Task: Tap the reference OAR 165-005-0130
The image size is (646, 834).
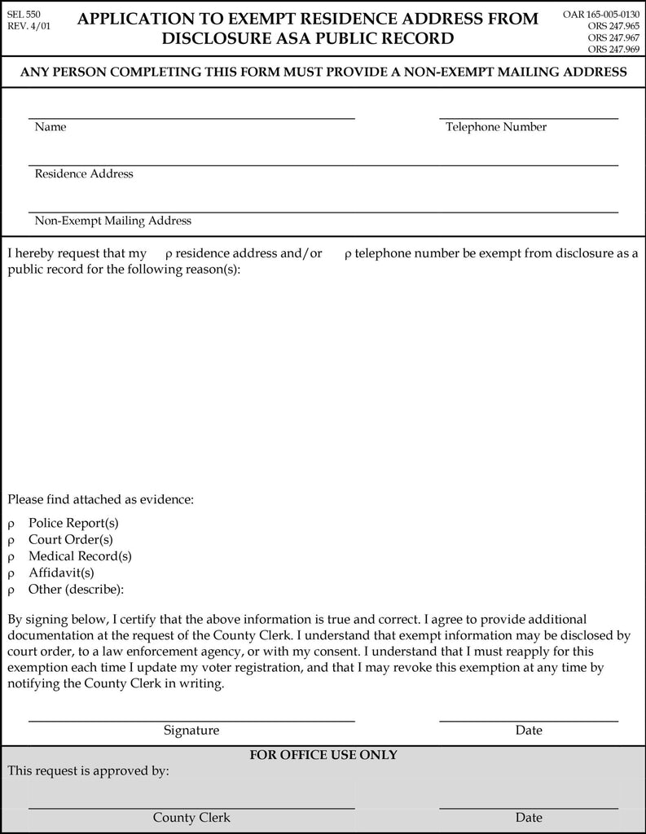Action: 601,14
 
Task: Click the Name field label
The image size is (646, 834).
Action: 51,127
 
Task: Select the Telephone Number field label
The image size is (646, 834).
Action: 496,127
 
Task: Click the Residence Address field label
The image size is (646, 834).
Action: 84,173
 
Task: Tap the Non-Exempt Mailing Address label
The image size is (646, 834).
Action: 113,221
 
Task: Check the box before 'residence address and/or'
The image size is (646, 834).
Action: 168,255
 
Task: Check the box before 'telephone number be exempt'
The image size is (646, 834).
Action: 348,255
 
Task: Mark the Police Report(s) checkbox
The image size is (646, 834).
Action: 11,524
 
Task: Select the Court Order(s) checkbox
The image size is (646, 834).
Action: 11,540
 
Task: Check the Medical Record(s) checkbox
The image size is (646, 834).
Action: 11,557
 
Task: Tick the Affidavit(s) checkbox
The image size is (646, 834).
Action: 11,573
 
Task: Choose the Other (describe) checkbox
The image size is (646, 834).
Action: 11,590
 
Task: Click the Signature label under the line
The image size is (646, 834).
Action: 191,731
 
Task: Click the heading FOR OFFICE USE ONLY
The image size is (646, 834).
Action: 323,755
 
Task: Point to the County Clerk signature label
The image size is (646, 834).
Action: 191,818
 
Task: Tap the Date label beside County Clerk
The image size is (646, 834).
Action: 529,818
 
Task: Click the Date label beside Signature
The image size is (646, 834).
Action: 529,731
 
